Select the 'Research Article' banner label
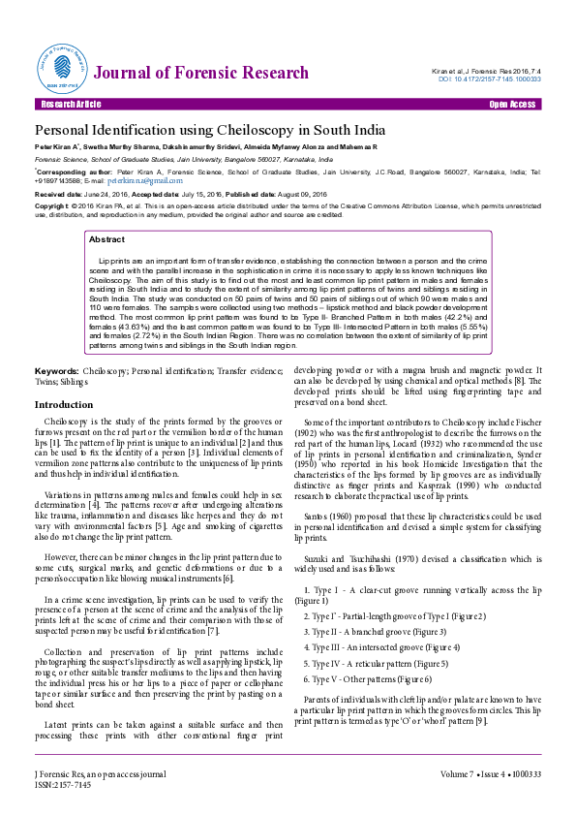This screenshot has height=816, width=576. coord(68,103)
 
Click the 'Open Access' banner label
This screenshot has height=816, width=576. coord(512,103)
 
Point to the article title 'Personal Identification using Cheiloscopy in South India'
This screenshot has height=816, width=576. coord(210,130)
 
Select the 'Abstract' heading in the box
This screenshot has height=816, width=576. coord(106,238)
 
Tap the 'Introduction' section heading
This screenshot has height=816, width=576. coord(64,404)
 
